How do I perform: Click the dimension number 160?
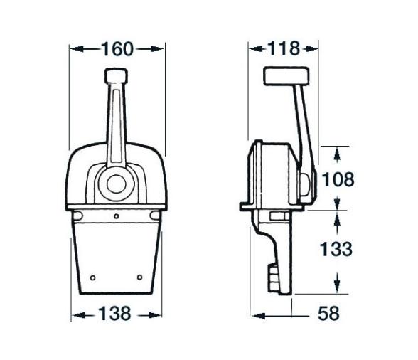[x=117, y=49]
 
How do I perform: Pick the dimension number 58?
[x=327, y=314]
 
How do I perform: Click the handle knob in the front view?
[x=115, y=75]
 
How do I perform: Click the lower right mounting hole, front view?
[x=141, y=277]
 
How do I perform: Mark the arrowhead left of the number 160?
[x=76, y=49]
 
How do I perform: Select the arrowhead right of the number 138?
[x=155, y=314]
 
